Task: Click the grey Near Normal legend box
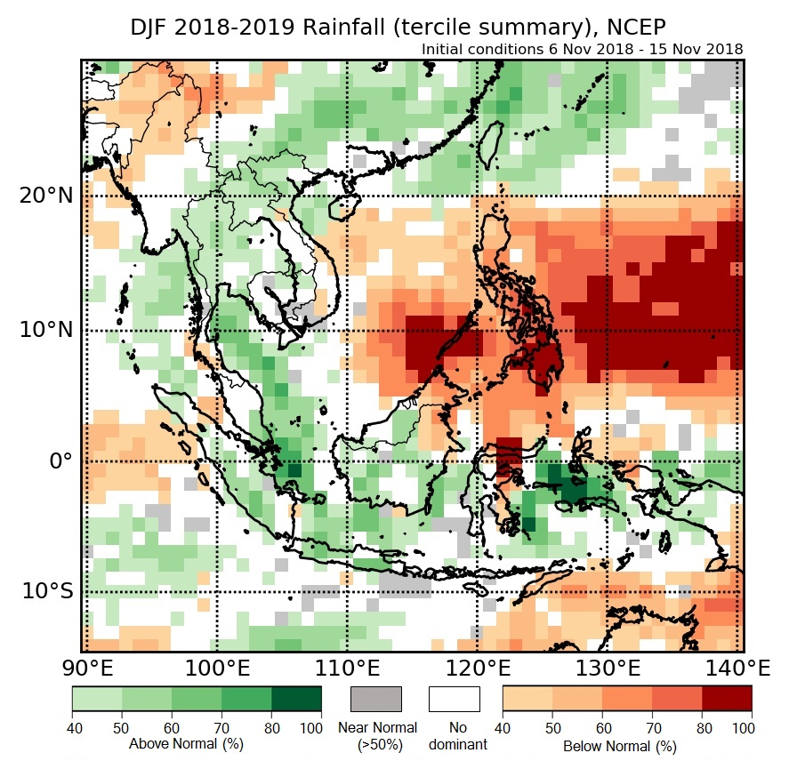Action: click(376, 699)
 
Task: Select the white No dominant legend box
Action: click(454, 699)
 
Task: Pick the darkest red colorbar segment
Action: click(727, 699)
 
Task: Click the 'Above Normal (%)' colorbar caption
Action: click(186, 743)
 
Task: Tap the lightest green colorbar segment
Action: click(97, 699)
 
